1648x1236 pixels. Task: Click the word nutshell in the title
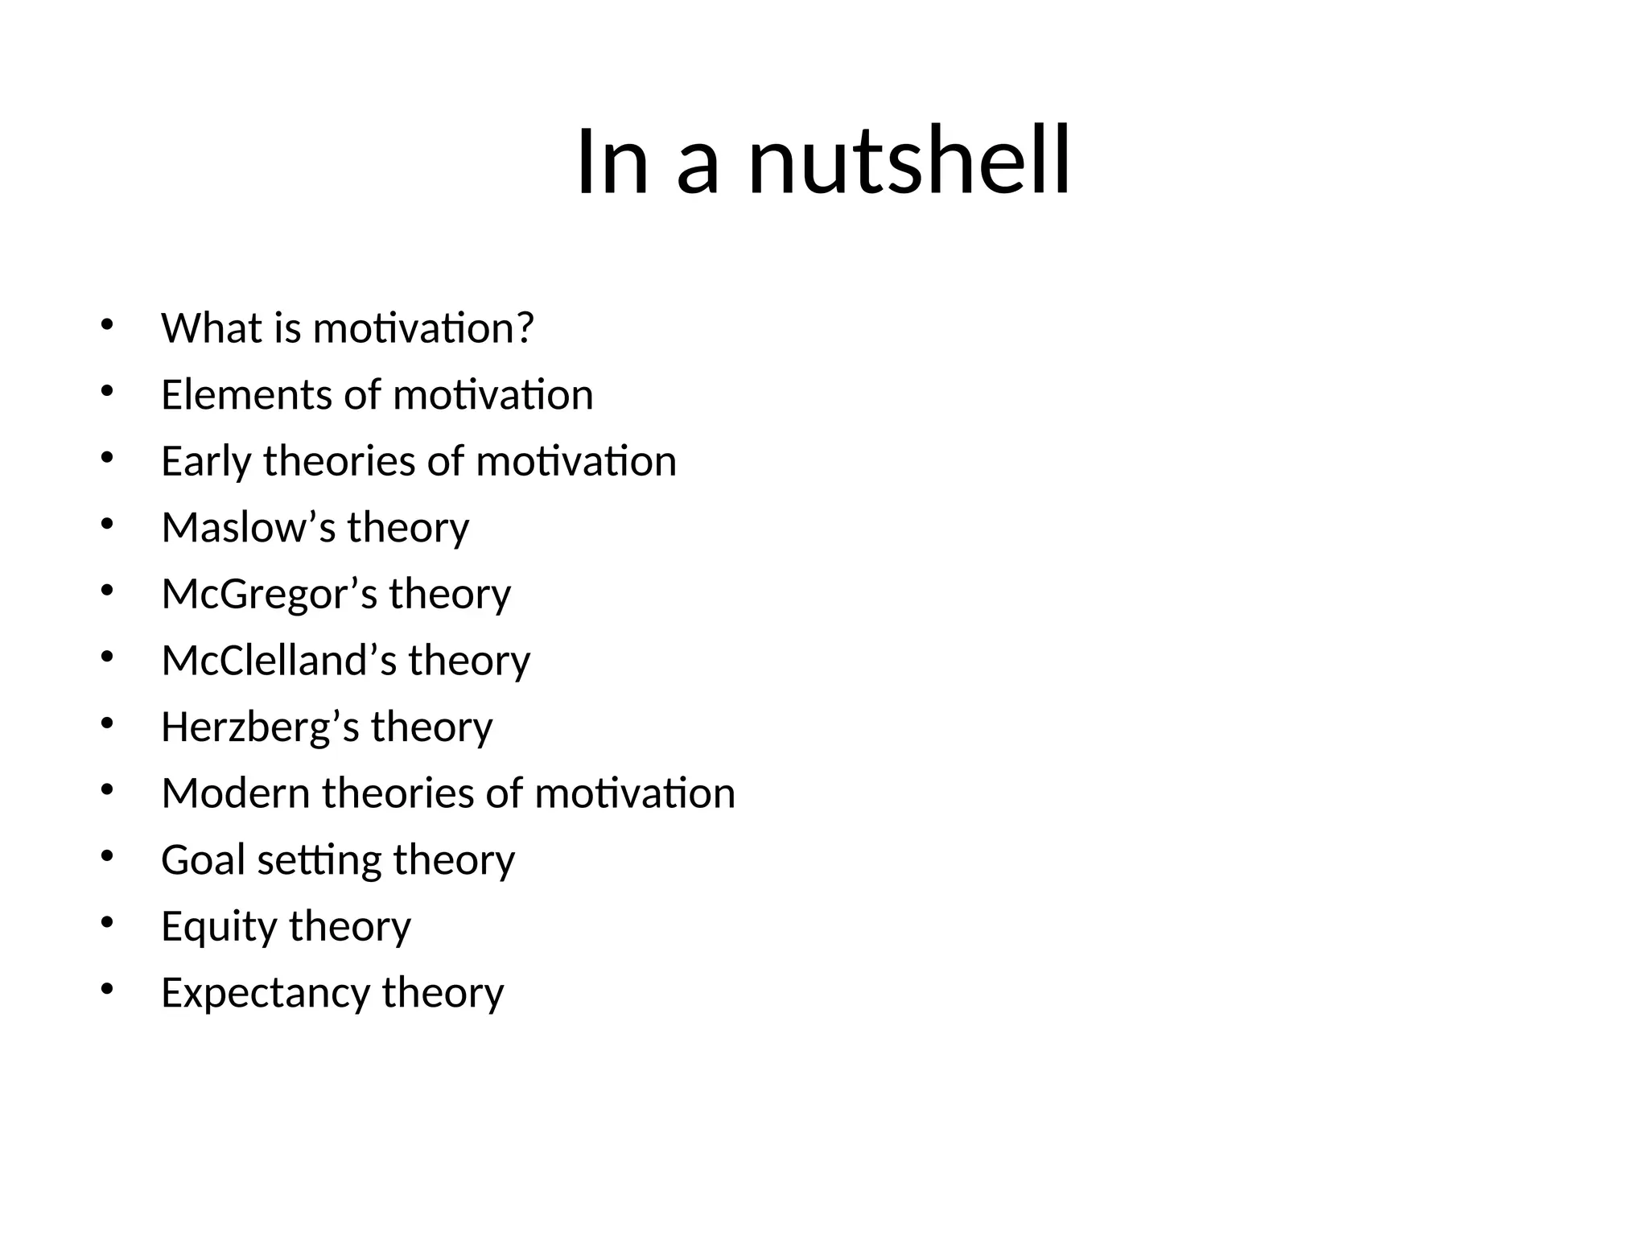pyautogui.click(x=909, y=161)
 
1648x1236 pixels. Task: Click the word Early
pyautogui.click(x=206, y=462)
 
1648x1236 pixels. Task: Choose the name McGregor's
pyautogui.click(x=269, y=595)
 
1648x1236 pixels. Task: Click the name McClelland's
pyautogui.click(x=278, y=661)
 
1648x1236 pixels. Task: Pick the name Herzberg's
pyautogui.click(x=260, y=727)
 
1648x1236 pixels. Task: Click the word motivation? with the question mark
pyautogui.click(x=423, y=328)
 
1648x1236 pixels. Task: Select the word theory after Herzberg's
pyautogui.click(x=431, y=727)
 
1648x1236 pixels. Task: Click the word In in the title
pyautogui.click(x=612, y=161)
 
